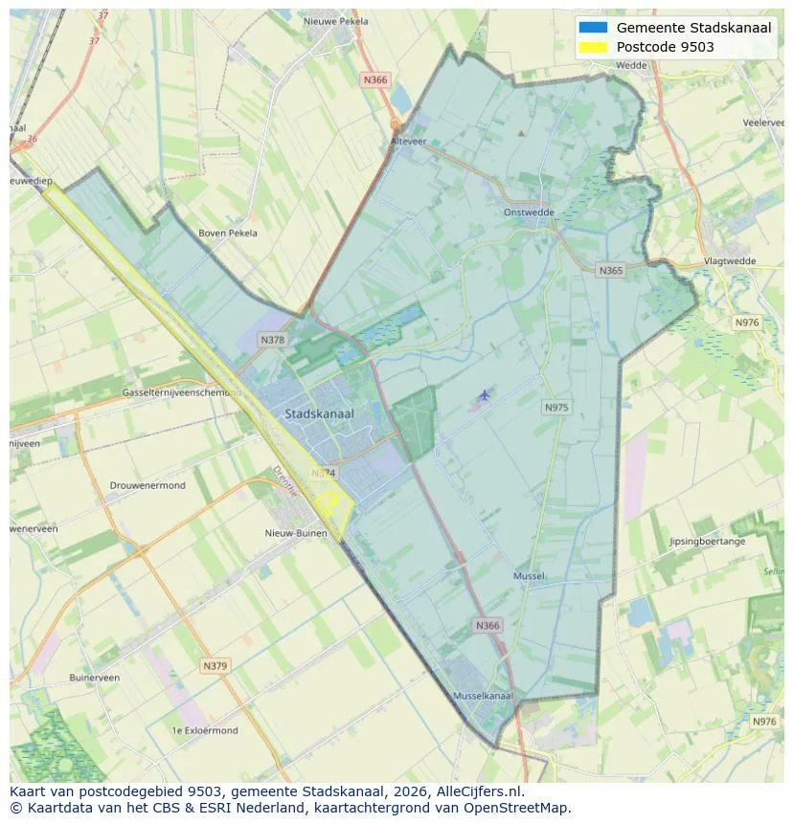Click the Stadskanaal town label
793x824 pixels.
pyautogui.click(x=319, y=413)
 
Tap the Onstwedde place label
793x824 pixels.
pyautogui.click(x=530, y=213)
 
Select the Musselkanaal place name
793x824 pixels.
pyautogui.click(x=483, y=696)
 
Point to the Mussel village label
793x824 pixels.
pyautogui.click(x=529, y=576)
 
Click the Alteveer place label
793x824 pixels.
pyautogui.click(x=407, y=140)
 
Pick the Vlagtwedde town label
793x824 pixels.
pyautogui.click(x=730, y=260)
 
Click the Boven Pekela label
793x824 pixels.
pyautogui.click(x=228, y=233)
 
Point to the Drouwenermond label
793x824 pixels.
pyautogui.click(x=147, y=485)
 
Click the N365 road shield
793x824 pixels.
pyautogui.click(x=610, y=271)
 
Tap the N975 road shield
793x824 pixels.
pyautogui.click(x=556, y=408)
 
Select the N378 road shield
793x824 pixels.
pyautogui.click(x=273, y=340)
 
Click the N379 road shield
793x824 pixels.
pyautogui.click(x=215, y=665)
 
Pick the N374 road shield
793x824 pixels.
pyautogui.click(x=324, y=473)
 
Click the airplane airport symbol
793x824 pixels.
pyautogui.click(x=484, y=394)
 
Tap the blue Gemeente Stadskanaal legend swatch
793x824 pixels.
pyautogui.click(x=593, y=28)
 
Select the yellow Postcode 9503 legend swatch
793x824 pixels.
pyautogui.click(x=593, y=47)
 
